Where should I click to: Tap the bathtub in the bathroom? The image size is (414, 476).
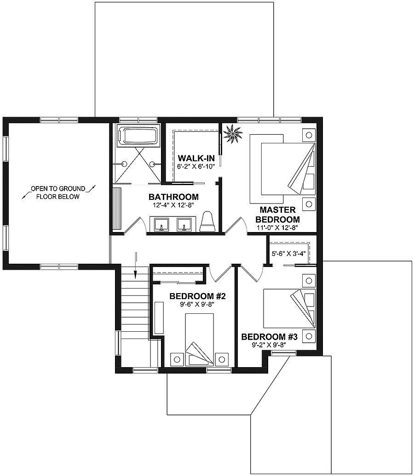click(x=138, y=136)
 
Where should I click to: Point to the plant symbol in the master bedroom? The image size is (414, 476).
click(x=233, y=134)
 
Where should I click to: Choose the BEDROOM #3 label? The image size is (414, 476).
click(x=270, y=337)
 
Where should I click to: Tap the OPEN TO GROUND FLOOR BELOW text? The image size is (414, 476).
click(x=59, y=193)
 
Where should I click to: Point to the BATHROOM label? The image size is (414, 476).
click(x=173, y=197)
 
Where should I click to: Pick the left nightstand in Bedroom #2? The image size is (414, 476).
click(x=177, y=358)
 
